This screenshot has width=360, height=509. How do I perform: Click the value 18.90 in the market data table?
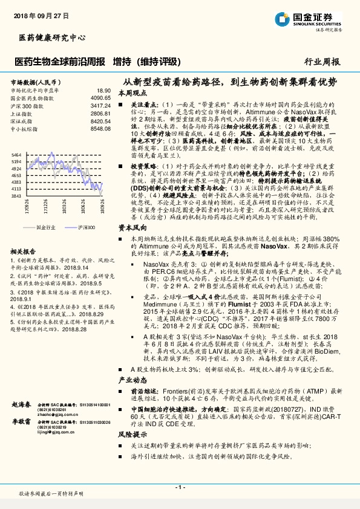click(x=104, y=89)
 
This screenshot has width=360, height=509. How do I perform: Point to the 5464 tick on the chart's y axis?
click(x=16, y=155)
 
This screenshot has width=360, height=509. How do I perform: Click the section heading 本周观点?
click(x=131, y=93)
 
